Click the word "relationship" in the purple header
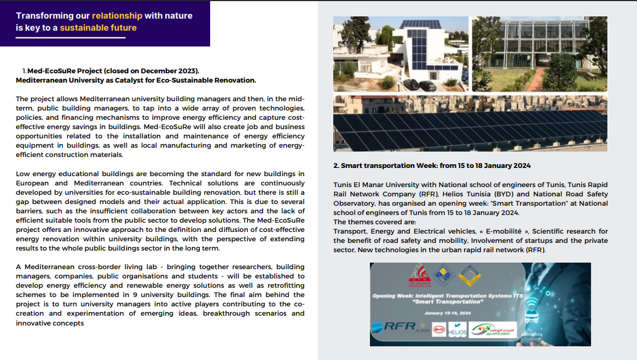pyautogui.click(x=117, y=16)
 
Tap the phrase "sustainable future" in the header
pyautogui.click(x=98, y=28)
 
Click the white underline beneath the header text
pyautogui.click(x=71, y=38)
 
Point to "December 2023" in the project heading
pyautogui.click(x=169, y=71)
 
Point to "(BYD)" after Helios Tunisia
pyautogui.click(x=495, y=194)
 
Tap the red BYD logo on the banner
pyautogui.click(x=438, y=330)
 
